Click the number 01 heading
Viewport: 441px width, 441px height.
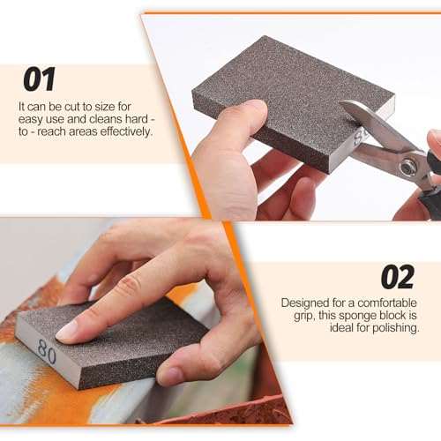tap(40, 80)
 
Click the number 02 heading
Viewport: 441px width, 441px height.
tap(397, 277)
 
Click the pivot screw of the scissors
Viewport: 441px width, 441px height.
tap(407, 166)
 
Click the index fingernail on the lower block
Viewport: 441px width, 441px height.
tap(67, 330)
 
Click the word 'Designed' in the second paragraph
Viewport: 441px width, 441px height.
tap(303, 302)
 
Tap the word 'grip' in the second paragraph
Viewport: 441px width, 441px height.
tap(293, 315)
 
